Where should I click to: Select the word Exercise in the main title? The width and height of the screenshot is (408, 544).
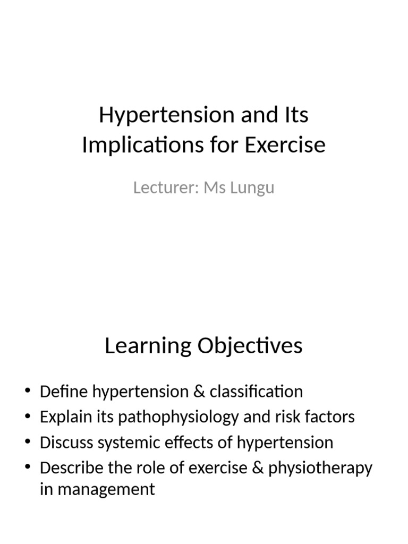point(285,145)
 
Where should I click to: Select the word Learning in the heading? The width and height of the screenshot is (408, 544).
point(148,346)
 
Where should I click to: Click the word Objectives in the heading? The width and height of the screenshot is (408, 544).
point(250,346)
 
